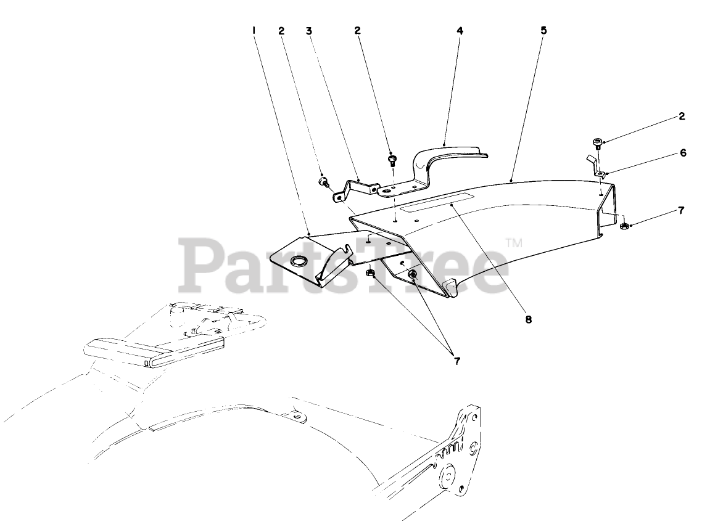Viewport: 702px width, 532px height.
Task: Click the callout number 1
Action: click(254, 30)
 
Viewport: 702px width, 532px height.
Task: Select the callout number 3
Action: click(308, 30)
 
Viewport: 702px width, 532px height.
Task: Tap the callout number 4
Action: click(459, 30)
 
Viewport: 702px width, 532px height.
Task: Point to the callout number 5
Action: click(543, 30)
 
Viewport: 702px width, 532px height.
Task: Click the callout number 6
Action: click(682, 153)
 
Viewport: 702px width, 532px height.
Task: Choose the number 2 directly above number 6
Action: click(682, 116)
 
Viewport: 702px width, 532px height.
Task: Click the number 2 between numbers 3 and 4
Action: click(357, 30)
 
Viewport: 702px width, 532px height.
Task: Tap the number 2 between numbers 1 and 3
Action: click(281, 30)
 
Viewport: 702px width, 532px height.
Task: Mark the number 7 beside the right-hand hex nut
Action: click(682, 210)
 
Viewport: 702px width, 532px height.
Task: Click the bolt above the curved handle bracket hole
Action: click(390, 160)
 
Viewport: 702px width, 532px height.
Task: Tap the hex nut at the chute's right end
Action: click(623, 227)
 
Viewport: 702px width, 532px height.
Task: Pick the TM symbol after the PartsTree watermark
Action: click(513, 244)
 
